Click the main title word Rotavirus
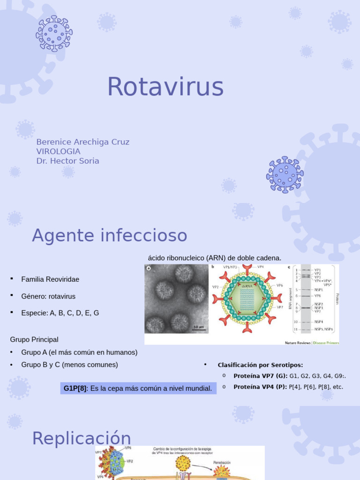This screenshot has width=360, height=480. point(165,87)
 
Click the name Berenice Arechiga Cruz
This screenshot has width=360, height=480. point(83,142)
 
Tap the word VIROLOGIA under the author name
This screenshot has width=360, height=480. point(58,151)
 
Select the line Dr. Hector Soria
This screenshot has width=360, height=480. point(68,161)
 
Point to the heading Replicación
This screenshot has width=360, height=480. point(82,438)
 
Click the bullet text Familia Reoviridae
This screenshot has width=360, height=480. point(50,279)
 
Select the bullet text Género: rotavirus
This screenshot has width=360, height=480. point(48,296)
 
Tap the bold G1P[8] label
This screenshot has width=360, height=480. point(75,389)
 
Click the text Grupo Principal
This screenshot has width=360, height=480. point(34,339)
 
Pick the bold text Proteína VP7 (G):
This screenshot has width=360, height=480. point(260,376)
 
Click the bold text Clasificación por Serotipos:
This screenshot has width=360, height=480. point(260,365)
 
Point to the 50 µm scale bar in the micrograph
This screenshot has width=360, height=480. point(199,327)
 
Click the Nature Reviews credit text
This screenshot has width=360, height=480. point(298,343)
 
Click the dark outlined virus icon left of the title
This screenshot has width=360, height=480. point(54,33)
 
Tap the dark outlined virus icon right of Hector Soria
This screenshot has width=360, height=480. point(285,174)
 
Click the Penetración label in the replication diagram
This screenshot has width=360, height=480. point(222,463)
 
